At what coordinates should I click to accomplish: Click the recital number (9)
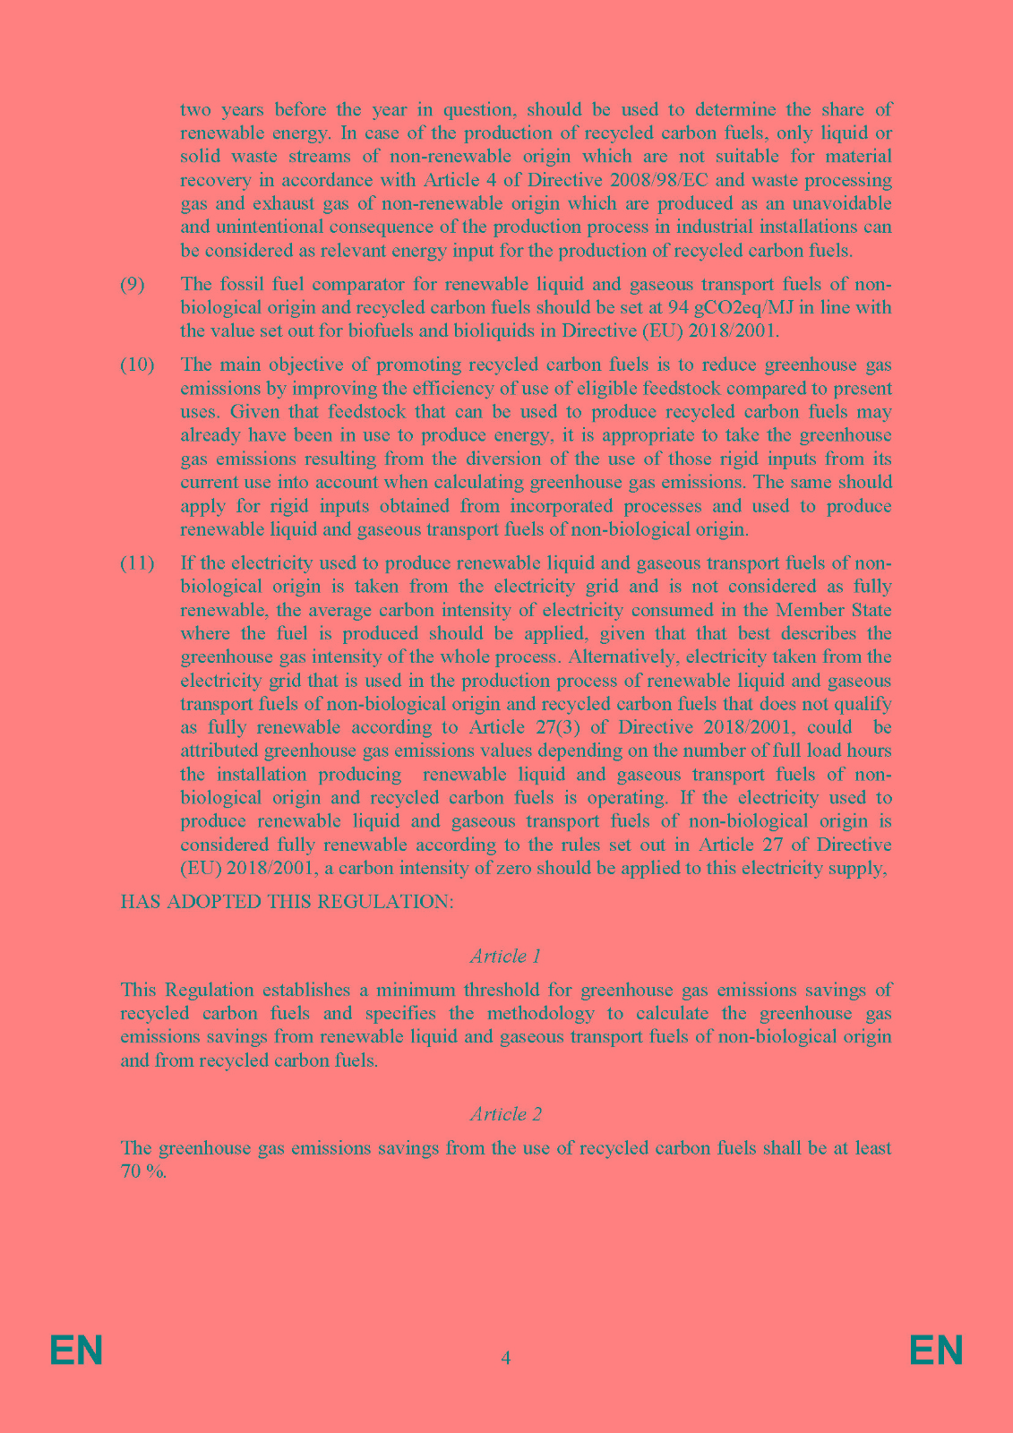133,285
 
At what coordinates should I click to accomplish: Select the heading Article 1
505,957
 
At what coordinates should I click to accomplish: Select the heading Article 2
505,1114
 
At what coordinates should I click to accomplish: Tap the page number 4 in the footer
506,1358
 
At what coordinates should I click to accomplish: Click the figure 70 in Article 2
131,1171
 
